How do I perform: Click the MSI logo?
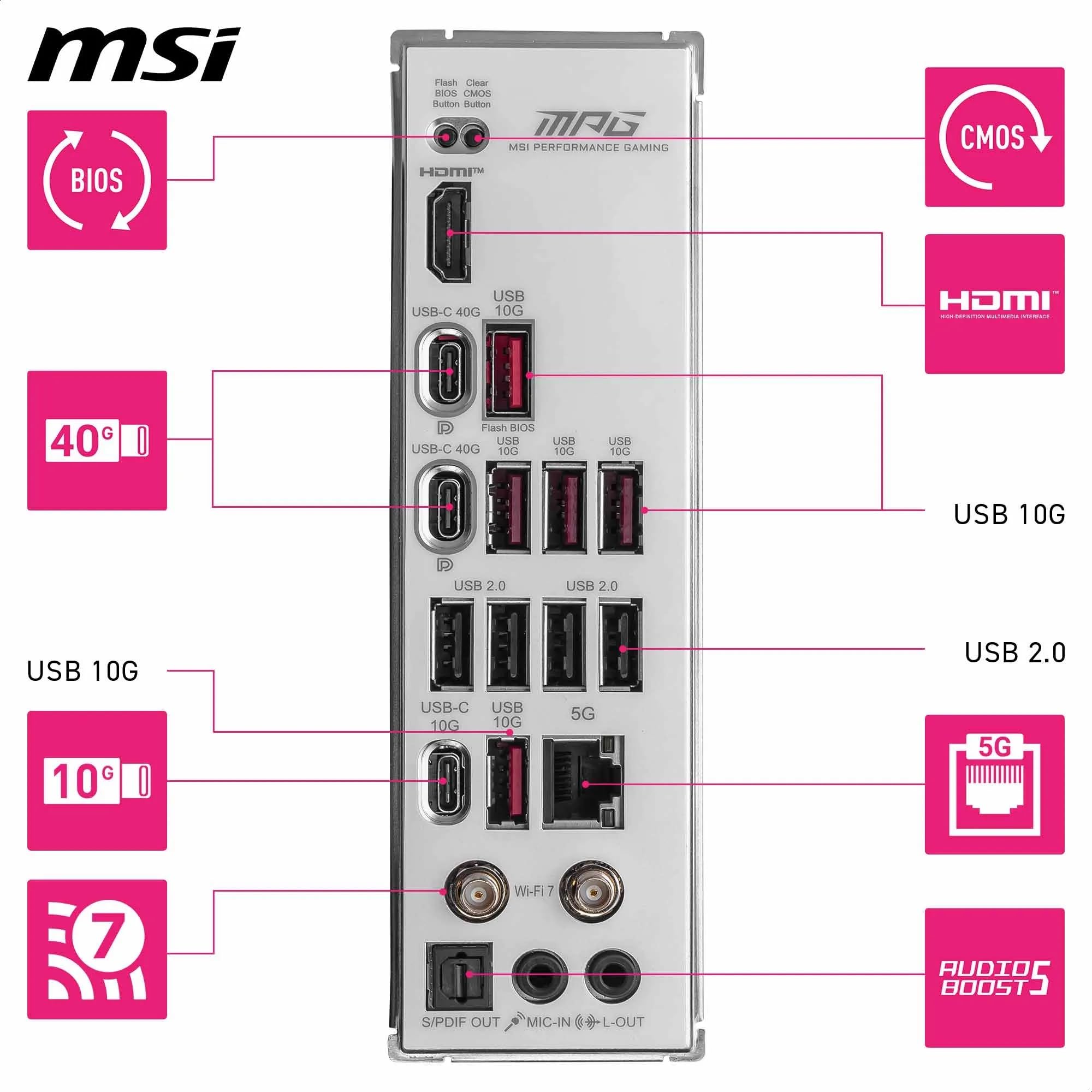134,55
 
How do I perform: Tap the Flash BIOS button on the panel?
446,137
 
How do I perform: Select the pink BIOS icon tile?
97,180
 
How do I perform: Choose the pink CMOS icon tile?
994,138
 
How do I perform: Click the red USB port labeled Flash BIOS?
509,373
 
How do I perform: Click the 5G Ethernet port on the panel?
583,784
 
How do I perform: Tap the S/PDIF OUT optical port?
459,974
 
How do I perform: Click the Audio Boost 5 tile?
994,977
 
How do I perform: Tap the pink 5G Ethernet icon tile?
994,785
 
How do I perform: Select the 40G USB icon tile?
97,440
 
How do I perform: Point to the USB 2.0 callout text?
1014,652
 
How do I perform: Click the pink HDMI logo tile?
994,304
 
